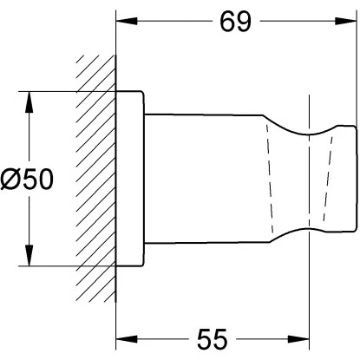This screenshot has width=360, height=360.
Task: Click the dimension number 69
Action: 235,22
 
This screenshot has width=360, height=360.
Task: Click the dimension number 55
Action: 213,339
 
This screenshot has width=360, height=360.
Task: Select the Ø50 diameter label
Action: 27,180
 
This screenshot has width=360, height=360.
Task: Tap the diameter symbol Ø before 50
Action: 10,180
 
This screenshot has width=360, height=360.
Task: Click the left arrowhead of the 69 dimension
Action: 127,21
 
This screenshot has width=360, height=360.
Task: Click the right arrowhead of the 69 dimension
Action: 345,21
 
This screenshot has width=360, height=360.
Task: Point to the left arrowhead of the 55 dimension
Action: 127,339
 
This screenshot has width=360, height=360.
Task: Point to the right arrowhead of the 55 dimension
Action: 298,339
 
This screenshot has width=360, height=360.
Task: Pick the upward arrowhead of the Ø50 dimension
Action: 29,102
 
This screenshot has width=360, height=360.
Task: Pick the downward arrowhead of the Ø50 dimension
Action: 29,255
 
